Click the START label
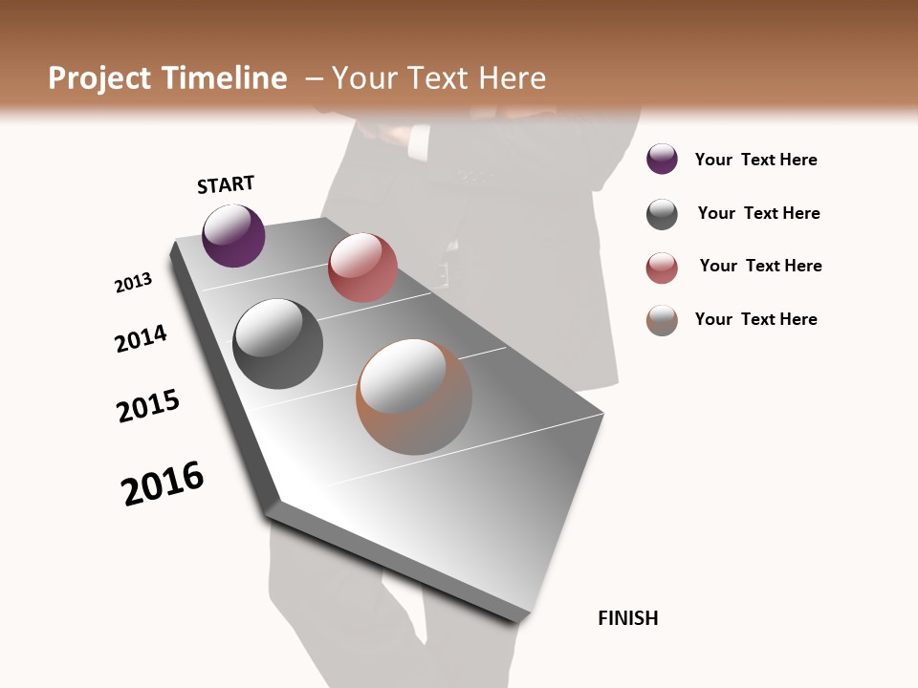[226, 184]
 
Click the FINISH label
[627, 618]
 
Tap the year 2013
[133, 283]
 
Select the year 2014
[141, 338]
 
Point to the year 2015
[148, 406]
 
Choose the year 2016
[163, 483]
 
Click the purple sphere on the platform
[233, 236]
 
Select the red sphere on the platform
[362, 268]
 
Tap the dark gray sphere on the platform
[277, 344]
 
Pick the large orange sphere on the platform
[414, 397]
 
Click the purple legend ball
[662, 160]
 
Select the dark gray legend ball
[662, 214]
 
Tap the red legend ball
[662, 268]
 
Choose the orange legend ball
[662, 320]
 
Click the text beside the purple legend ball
[755, 160]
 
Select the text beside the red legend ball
[760, 266]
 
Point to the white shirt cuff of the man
[418, 143]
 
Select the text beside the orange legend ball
[755, 319]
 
